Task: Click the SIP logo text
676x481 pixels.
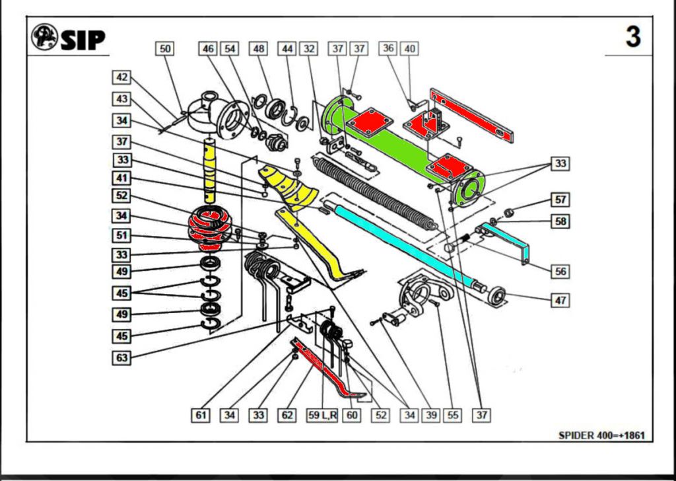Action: click(x=83, y=40)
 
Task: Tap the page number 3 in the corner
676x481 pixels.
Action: click(x=633, y=37)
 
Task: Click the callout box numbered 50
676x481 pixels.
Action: click(x=165, y=49)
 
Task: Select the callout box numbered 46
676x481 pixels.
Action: click(x=209, y=49)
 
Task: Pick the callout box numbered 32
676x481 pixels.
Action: click(x=308, y=49)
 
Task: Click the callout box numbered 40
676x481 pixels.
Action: click(x=409, y=49)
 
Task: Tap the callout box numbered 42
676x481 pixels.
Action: click(x=121, y=77)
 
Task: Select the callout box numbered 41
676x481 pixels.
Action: click(x=121, y=178)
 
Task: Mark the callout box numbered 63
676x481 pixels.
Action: click(x=121, y=358)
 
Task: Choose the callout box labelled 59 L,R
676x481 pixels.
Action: click(x=323, y=416)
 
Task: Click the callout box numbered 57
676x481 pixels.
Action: click(x=560, y=199)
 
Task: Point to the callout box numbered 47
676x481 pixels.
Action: click(x=560, y=300)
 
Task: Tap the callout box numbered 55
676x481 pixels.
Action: click(x=452, y=416)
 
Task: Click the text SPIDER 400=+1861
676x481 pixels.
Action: click(x=601, y=435)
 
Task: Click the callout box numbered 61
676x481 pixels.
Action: click(x=201, y=416)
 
